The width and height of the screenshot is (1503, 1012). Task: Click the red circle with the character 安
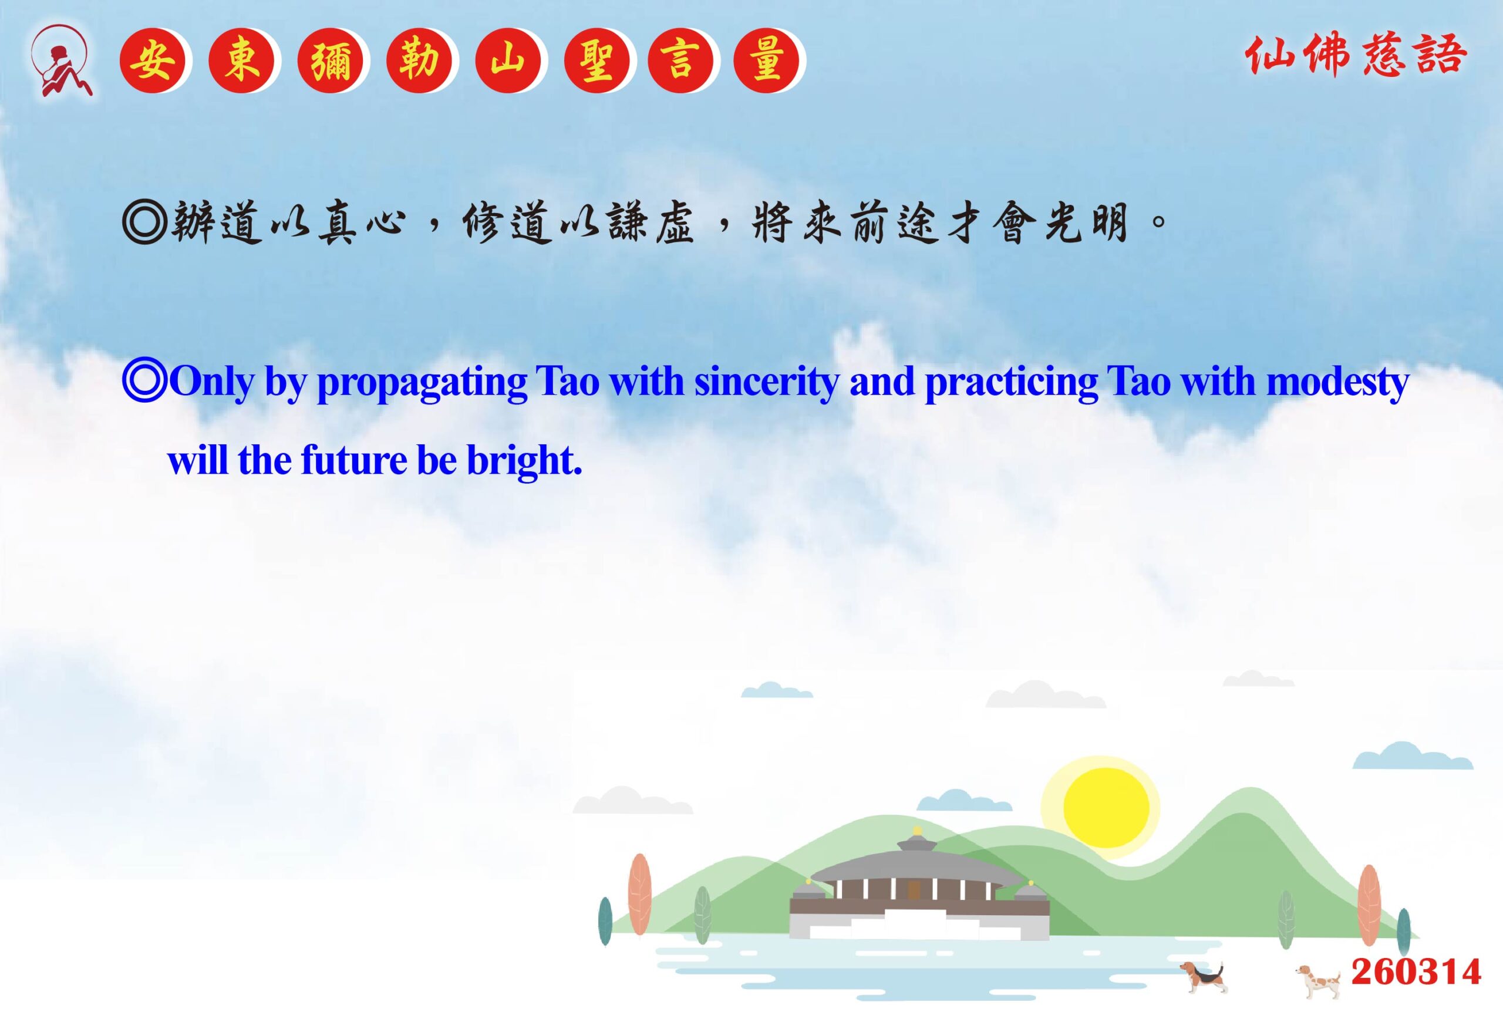152,60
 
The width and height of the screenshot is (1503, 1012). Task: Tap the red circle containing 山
508,60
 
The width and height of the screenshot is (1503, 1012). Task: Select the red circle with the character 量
766,60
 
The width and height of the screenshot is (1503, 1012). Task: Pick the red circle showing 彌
330,60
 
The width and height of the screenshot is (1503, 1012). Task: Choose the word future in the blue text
353,460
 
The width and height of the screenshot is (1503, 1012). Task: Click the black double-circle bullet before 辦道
144,222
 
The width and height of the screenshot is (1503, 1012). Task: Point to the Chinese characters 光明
1086,222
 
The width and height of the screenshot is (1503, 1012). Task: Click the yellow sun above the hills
1106,807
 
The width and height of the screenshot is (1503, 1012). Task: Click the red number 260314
1416,972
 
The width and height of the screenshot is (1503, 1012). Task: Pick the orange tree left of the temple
639,893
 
